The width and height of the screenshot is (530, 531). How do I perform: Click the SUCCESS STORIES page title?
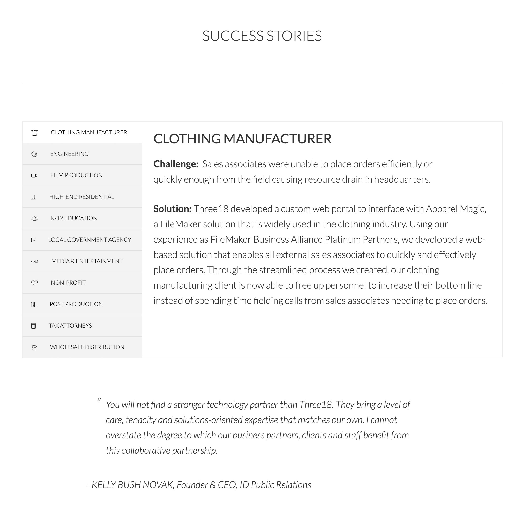click(262, 36)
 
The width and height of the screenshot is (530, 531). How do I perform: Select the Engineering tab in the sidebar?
click(69, 154)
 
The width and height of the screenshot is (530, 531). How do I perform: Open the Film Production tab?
click(76, 175)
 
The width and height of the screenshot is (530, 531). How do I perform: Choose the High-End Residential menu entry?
click(82, 197)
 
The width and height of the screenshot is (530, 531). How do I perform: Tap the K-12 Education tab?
click(74, 218)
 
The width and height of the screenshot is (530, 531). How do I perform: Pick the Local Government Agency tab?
click(89, 240)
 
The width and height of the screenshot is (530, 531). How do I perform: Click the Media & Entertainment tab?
click(87, 261)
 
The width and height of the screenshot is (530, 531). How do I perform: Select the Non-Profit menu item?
click(68, 283)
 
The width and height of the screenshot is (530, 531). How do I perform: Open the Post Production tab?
click(76, 304)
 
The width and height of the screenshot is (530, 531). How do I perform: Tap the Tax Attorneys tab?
click(70, 326)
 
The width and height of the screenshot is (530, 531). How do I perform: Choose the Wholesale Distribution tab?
click(87, 347)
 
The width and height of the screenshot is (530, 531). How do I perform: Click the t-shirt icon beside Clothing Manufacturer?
click(34, 133)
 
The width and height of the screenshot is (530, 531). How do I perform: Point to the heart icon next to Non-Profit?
click(34, 283)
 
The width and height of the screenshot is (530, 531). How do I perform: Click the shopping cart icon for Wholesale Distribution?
click(34, 347)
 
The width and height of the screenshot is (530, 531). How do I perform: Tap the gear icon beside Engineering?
click(34, 154)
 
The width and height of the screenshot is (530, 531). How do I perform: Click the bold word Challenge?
click(176, 164)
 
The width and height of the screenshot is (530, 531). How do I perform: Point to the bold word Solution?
click(172, 209)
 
